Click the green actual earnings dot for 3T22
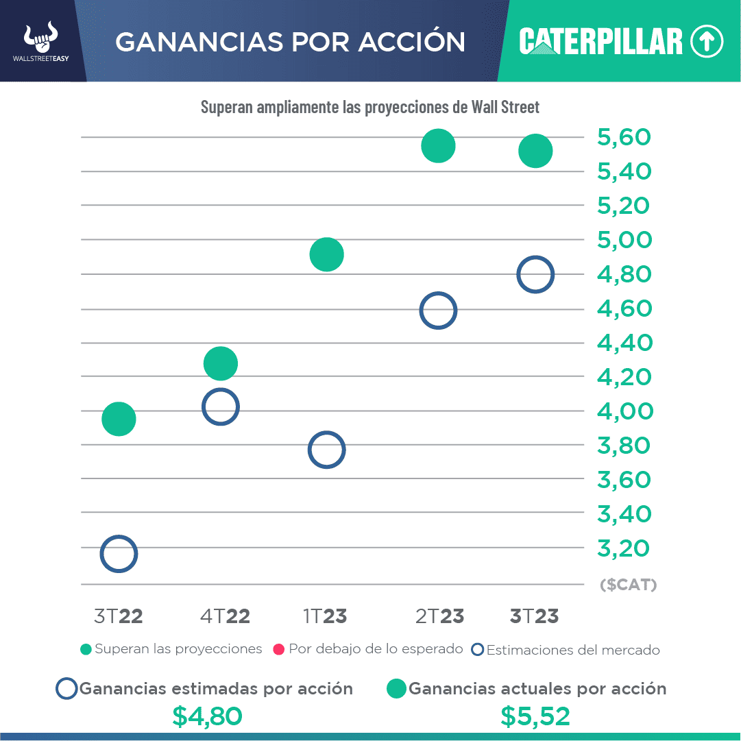[119, 419]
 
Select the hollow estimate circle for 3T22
[119, 554]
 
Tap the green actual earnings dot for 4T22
[220, 363]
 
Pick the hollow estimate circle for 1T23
[326, 450]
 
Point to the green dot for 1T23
[326, 254]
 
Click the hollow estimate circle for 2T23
[438, 310]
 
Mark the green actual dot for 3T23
[535, 151]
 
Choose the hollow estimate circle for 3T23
[535, 275]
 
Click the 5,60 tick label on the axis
[624, 138]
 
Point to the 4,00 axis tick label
[624, 411]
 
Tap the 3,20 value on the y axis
[624, 548]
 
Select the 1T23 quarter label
[325, 616]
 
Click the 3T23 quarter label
[534, 616]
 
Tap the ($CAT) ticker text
[628, 585]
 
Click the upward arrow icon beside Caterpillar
[707, 42]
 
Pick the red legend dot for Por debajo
[278, 649]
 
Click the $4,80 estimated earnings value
[207, 716]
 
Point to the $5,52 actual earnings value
[535, 716]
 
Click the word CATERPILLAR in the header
[601, 42]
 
